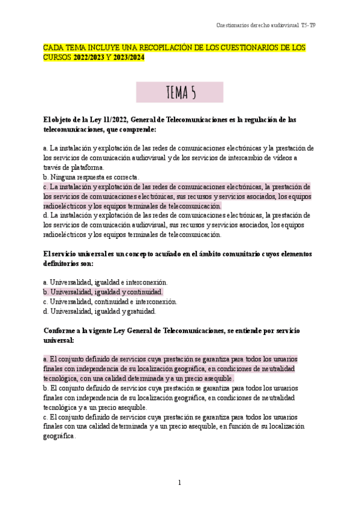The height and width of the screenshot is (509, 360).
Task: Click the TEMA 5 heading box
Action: tap(179, 92)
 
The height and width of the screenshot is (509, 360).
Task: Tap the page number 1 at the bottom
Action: tap(179, 483)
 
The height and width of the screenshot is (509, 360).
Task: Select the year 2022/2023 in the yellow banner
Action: tap(89, 58)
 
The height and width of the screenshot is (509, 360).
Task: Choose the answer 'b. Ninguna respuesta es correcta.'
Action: tap(91, 177)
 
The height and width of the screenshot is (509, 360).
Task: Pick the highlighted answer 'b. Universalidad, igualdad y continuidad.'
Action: tap(103, 292)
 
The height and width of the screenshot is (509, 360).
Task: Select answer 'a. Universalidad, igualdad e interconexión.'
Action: tap(106, 282)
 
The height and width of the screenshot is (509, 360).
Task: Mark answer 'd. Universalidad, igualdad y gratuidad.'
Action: tap(100, 311)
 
